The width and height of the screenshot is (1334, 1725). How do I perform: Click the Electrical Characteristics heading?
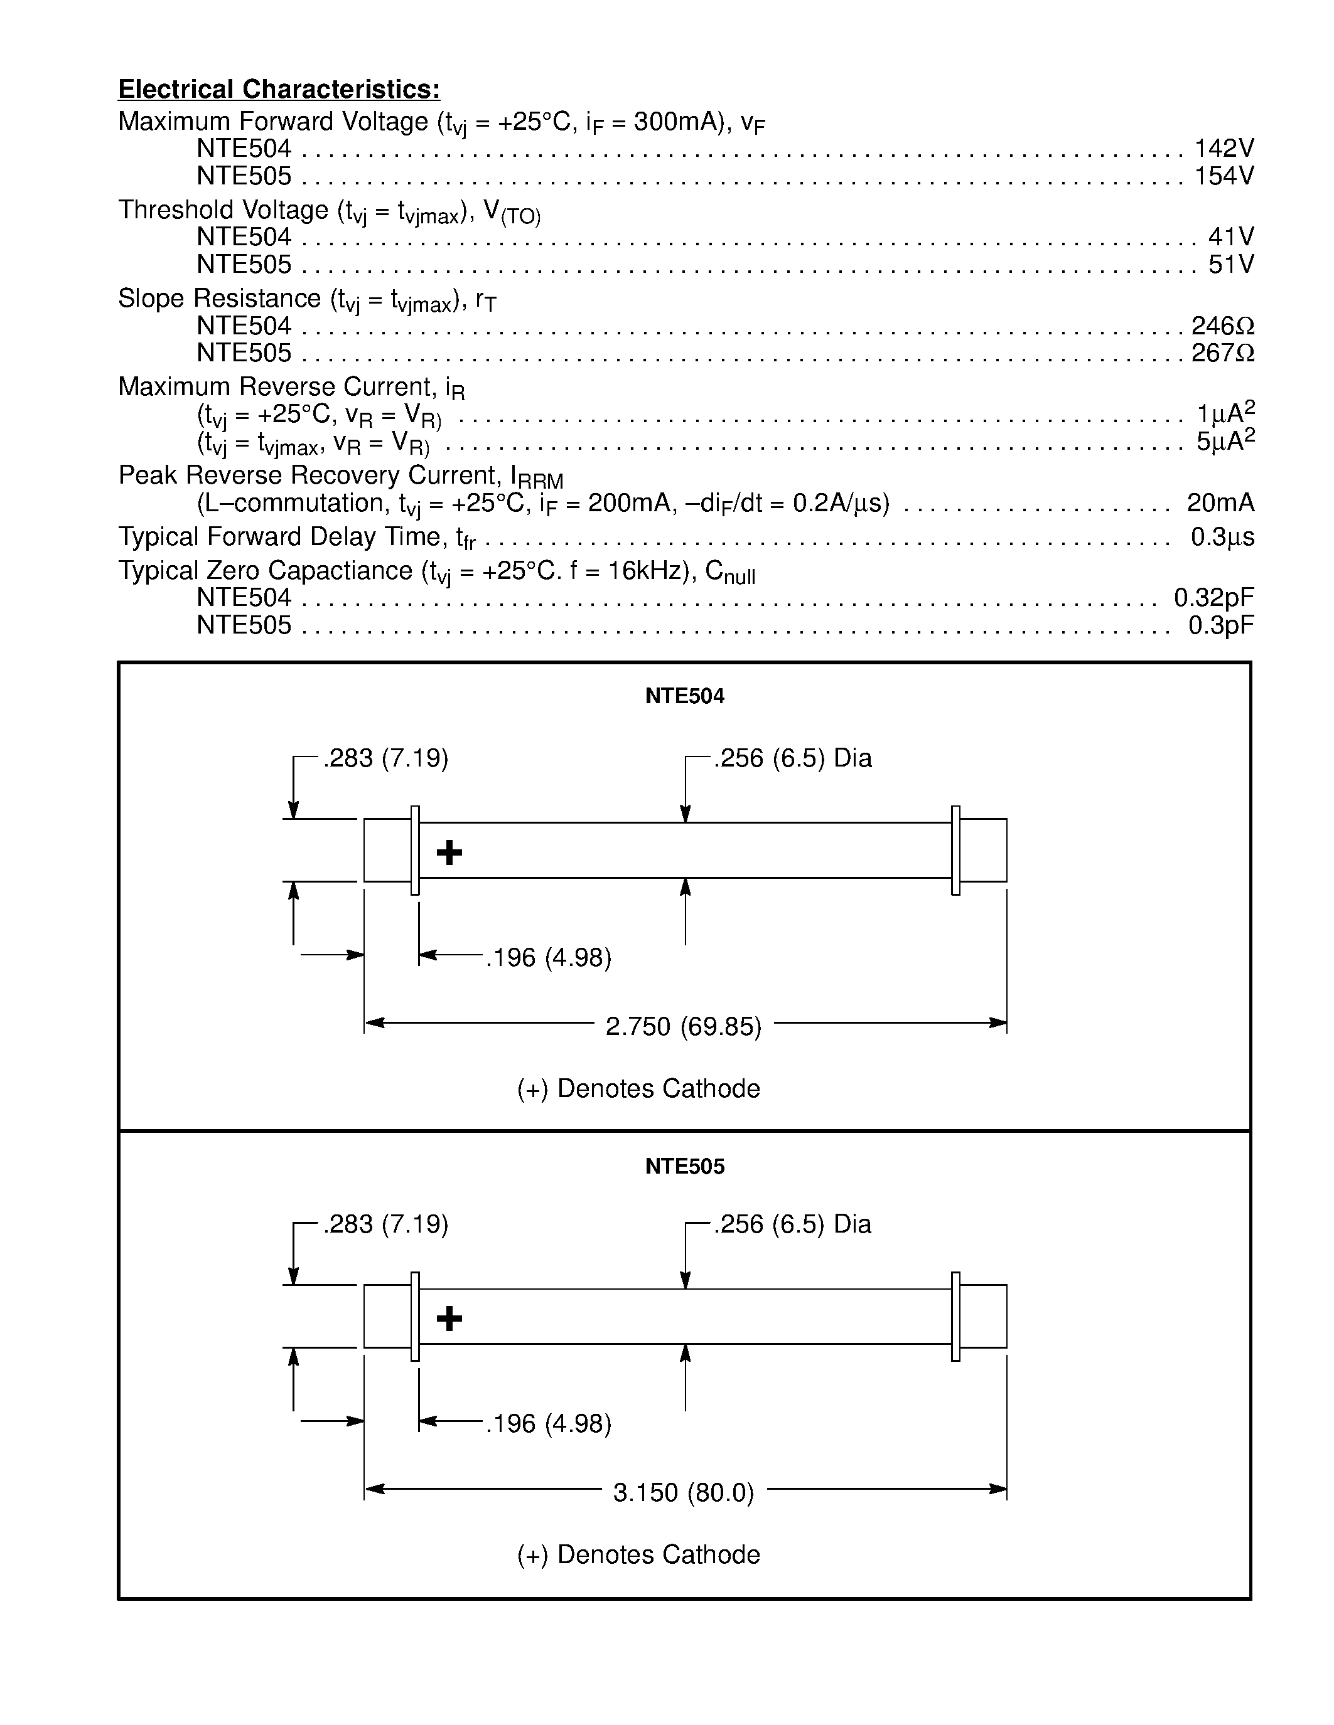tap(279, 89)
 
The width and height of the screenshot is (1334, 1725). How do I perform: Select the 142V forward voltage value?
tap(1224, 149)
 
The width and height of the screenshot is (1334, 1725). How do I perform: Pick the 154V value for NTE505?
tap(1224, 176)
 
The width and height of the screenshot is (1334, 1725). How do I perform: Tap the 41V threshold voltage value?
tap(1230, 237)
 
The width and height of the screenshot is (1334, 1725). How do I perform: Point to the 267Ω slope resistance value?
tap(1222, 353)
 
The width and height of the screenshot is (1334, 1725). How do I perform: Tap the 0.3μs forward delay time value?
tap(1222, 537)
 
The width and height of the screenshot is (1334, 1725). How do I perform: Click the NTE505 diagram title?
tap(684, 1167)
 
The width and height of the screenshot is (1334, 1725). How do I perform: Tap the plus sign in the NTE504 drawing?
tap(449, 852)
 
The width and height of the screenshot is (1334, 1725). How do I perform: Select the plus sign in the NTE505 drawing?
tap(449, 1319)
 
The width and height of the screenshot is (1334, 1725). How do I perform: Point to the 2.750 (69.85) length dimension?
tap(684, 1026)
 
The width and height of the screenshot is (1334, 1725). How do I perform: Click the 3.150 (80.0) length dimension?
tap(684, 1492)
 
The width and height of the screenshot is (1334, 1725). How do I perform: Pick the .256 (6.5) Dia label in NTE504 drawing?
tap(793, 758)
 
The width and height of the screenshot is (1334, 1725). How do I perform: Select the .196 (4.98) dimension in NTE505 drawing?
tap(549, 1423)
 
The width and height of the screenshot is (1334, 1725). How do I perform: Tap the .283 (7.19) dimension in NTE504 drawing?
tap(385, 758)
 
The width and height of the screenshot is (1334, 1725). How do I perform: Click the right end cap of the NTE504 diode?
tap(982, 850)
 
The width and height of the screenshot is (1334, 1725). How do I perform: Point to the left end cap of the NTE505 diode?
tap(387, 1316)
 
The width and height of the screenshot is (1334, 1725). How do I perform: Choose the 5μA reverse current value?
tap(1224, 442)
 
